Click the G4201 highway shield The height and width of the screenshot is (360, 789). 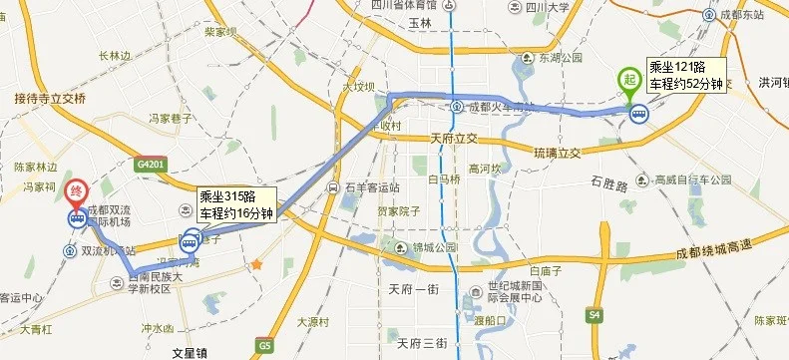tap(147, 165)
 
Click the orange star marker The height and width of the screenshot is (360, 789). tap(256, 265)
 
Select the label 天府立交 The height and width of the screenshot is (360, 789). tap(455, 138)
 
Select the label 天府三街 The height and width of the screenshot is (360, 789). tap(422, 343)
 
